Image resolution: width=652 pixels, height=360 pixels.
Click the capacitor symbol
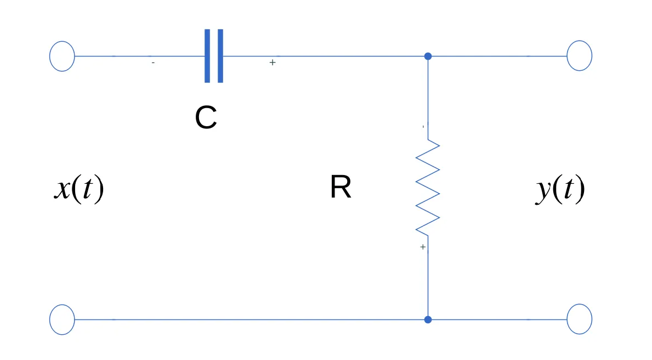(x=214, y=56)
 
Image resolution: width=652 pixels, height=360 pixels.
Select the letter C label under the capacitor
(x=206, y=117)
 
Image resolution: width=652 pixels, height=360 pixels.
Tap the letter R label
(x=341, y=188)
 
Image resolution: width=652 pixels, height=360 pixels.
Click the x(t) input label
(x=79, y=190)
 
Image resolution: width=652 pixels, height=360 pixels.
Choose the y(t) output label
(x=560, y=190)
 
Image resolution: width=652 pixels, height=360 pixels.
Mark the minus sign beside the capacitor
(x=153, y=63)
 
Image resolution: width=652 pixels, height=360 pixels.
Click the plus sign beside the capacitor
(x=273, y=63)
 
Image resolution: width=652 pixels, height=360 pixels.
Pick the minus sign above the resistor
(x=423, y=127)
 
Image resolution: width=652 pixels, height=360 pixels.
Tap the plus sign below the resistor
(x=423, y=248)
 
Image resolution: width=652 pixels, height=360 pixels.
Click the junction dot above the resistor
(x=428, y=56)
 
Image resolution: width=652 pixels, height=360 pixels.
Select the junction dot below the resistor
(x=428, y=319)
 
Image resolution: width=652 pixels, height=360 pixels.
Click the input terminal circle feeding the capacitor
(x=62, y=56)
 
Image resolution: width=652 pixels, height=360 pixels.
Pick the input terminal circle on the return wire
(x=62, y=319)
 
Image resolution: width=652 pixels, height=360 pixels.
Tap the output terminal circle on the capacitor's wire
(x=579, y=56)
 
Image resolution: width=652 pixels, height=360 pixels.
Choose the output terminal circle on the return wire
(x=579, y=319)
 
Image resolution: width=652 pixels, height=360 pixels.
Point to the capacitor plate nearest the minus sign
(x=207, y=56)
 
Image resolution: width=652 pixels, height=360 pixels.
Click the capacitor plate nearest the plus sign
(x=220, y=56)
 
